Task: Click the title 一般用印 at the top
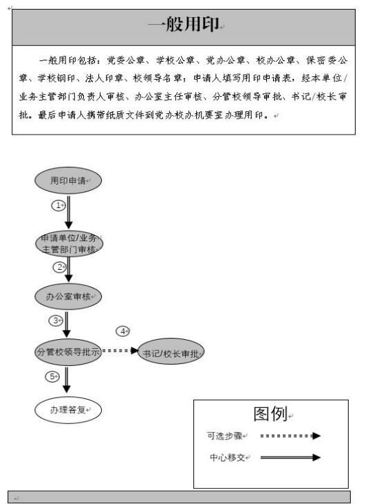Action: [183, 24]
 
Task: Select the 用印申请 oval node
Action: [68, 181]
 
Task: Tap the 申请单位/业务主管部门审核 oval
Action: [69, 244]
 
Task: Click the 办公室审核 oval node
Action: [68, 297]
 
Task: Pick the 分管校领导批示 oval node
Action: [68, 352]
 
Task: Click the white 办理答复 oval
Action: [68, 410]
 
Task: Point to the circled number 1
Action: [58, 205]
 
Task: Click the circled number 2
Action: [60, 267]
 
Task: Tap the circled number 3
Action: [56, 321]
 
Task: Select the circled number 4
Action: [122, 331]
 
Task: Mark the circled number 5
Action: [52, 377]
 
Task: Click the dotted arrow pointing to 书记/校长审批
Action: [120, 350]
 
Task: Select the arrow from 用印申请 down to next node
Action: [68, 212]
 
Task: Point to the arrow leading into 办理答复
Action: [66, 380]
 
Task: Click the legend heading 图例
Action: [270, 413]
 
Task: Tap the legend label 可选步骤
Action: [224, 436]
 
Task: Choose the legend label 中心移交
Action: [228, 457]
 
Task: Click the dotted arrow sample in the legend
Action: [290, 436]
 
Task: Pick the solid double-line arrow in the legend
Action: [290, 457]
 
